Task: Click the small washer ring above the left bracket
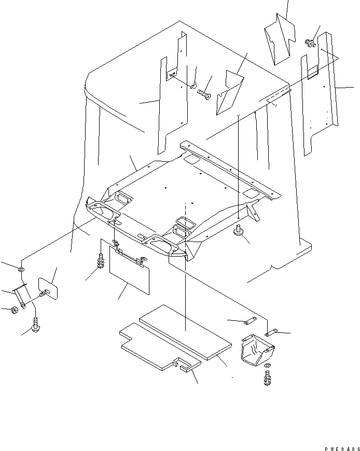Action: pyautogui.click(x=20, y=270)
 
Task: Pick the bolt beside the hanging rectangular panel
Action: pyautogui.click(x=99, y=261)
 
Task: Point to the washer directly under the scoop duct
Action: pyautogui.click(x=266, y=367)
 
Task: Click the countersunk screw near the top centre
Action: pyautogui.click(x=203, y=94)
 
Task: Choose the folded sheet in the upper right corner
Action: pyautogui.click(x=279, y=41)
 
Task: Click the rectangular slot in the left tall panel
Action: pyautogui.click(x=170, y=75)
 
